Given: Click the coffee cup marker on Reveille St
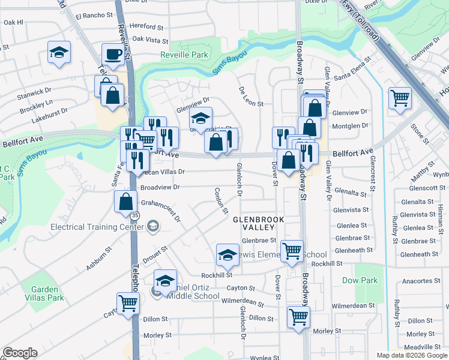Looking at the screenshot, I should (x=113, y=55).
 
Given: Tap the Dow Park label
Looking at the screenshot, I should (x=360, y=280).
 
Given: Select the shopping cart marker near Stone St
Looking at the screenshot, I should (x=399, y=97).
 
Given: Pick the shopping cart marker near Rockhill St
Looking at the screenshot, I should (x=292, y=251).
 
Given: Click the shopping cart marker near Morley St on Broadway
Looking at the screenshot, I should (x=298, y=316).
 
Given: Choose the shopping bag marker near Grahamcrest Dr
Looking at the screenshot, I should (x=125, y=201).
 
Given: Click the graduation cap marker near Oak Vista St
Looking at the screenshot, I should (x=59, y=53).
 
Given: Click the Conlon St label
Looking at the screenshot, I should (x=221, y=200).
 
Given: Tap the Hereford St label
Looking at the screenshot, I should (x=146, y=27).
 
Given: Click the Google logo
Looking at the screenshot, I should (x=20, y=353).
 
